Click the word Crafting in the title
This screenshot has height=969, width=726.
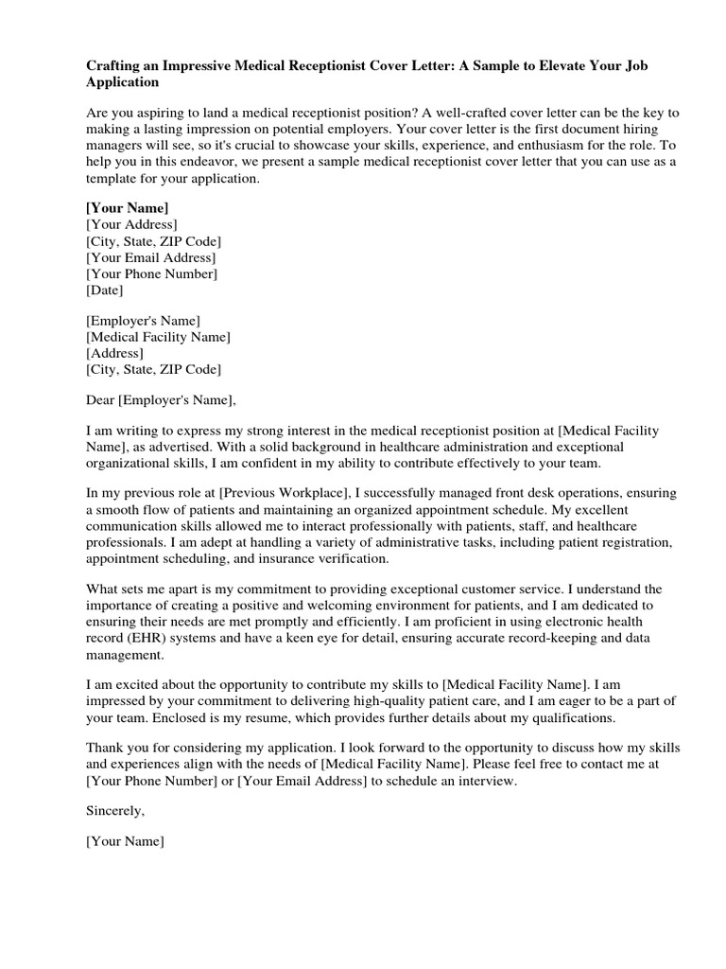[115, 67]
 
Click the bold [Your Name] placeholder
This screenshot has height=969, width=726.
[127, 207]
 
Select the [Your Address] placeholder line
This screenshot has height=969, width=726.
[131, 224]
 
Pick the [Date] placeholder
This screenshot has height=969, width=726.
[105, 291]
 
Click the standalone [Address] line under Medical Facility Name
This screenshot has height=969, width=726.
[114, 352]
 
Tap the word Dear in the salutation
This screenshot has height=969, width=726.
[100, 398]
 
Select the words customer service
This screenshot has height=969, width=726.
[535, 590]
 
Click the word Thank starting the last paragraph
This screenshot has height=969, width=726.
[105, 748]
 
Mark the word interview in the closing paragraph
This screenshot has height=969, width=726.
[486, 782]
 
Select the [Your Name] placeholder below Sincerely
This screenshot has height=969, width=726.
[125, 841]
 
